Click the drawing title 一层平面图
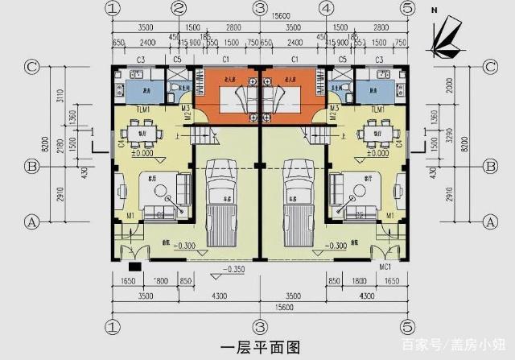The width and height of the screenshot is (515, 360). (x=259, y=347)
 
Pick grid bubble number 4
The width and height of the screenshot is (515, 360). (x=326, y=8)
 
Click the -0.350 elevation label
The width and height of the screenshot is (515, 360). (x=236, y=269)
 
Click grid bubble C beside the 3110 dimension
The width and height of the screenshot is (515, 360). (x=33, y=68)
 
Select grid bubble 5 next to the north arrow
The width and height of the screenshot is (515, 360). (x=407, y=8)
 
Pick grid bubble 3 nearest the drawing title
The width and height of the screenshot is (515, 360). (x=259, y=327)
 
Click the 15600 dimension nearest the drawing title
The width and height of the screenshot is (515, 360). (x=259, y=308)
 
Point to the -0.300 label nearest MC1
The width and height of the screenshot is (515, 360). (x=335, y=246)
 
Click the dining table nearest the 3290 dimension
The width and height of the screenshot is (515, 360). (x=372, y=132)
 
